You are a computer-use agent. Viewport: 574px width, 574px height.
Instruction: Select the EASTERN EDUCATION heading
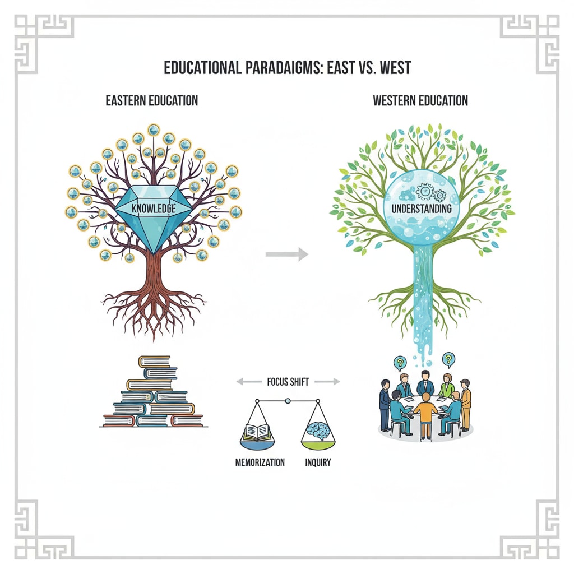point(151,101)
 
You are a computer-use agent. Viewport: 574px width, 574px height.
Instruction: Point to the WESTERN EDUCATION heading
point(420,101)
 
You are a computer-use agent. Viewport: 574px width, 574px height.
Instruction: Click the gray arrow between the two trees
point(286,254)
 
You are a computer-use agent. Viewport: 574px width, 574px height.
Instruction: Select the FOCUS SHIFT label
point(288,382)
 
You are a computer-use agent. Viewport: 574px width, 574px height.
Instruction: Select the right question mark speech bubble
point(448,359)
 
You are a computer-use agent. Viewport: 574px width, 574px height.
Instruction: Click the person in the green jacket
point(446,386)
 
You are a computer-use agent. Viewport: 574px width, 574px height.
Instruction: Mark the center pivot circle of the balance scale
point(288,401)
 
